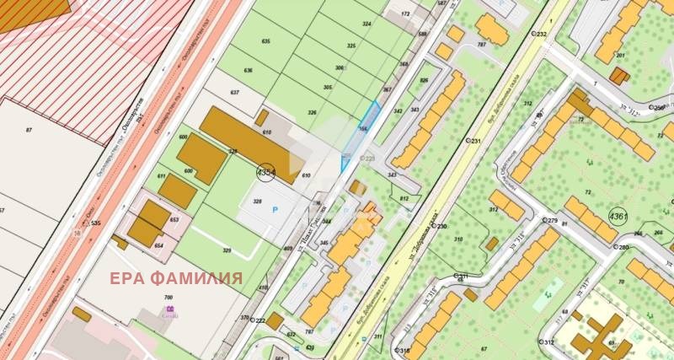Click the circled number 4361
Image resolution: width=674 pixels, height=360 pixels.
click(x=618, y=217)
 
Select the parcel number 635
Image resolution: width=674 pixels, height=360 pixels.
click(x=266, y=41)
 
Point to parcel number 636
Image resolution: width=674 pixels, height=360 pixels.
click(x=249, y=70)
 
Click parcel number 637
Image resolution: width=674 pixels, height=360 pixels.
click(x=235, y=91)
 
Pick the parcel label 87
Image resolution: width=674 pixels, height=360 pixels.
click(x=29, y=129)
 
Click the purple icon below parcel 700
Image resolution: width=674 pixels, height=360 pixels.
click(x=170, y=310)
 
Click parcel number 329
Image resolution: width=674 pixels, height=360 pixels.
click(x=227, y=250)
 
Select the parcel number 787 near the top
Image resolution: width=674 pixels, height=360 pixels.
click(x=481, y=44)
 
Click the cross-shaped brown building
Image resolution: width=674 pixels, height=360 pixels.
click(x=599, y=337)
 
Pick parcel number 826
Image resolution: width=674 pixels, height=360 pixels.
click(x=424, y=81)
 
